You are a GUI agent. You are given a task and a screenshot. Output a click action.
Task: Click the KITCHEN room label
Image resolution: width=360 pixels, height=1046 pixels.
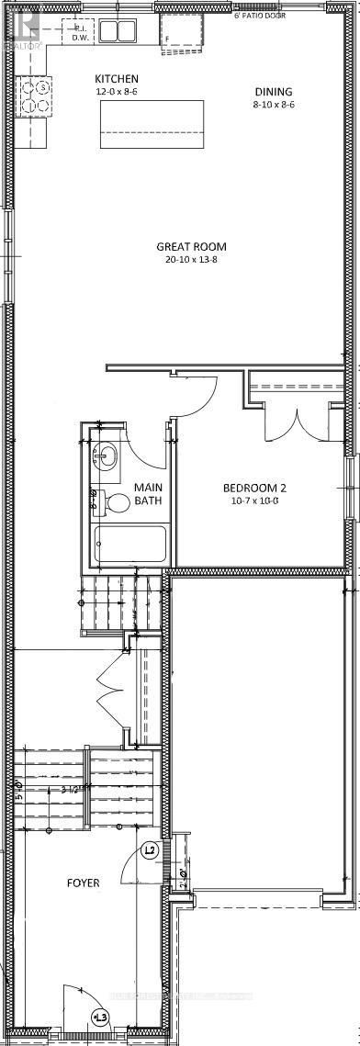pyautogui.click(x=122, y=80)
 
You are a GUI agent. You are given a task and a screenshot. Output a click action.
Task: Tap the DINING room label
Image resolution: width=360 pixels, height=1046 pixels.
pyautogui.click(x=274, y=92)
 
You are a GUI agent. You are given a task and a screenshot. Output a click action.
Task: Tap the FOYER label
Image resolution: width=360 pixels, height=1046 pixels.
pyautogui.click(x=82, y=883)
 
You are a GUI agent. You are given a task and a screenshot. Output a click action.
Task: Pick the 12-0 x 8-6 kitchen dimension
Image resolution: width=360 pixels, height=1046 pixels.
pyautogui.click(x=122, y=93)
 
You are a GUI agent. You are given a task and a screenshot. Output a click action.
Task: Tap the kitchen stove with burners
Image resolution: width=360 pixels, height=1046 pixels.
pyautogui.click(x=39, y=95)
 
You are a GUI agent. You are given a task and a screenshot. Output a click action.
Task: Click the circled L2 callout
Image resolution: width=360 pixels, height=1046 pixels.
pyautogui.click(x=152, y=850)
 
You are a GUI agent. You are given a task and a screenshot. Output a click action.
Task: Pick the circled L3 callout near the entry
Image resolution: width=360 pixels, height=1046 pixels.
pyautogui.click(x=100, y=1017)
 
